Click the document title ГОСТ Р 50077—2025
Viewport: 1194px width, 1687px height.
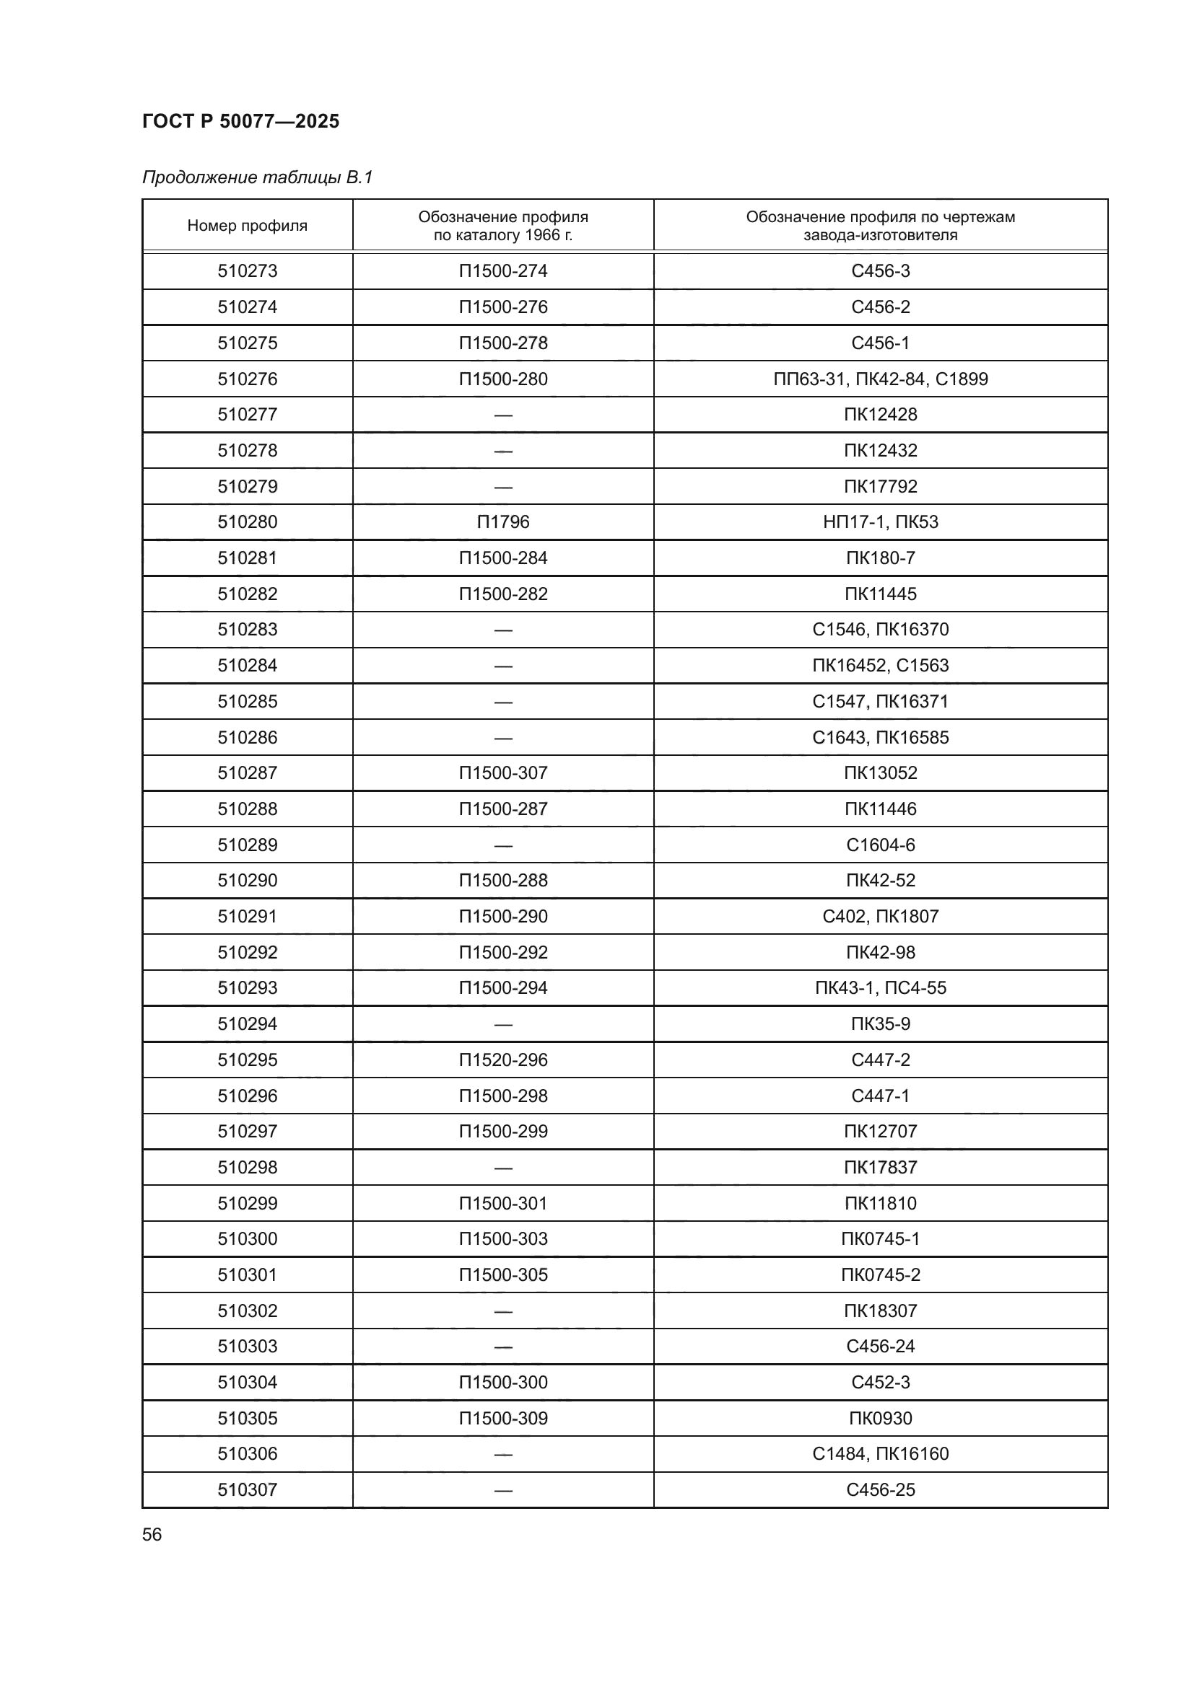click(240, 121)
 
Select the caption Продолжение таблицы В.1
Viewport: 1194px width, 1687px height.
click(257, 177)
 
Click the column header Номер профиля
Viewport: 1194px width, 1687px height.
click(247, 226)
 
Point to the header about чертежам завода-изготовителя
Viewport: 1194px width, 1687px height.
click(880, 226)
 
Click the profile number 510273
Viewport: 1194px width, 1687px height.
click(247, 271)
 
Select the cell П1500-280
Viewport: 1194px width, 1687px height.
click(503, 379)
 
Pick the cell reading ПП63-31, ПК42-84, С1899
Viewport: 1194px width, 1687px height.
click(880, 379)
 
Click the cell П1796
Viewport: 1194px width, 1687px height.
click(503, 522)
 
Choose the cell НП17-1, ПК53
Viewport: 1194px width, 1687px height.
click(880, 522)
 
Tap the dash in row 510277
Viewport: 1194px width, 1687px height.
click(503, 415)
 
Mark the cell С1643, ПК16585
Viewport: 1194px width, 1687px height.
click(880, 738)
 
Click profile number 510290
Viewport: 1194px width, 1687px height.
click(247, 881)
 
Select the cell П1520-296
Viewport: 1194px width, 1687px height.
click(503, 1060)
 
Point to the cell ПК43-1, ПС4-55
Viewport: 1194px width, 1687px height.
click(880, 988)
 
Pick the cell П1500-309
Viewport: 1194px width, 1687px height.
click(503, 1418)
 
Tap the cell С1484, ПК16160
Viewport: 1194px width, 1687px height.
click(880, 1454)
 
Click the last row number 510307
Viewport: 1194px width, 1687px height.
click(247, 1490)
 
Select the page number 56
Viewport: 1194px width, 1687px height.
click(152, 1535)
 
